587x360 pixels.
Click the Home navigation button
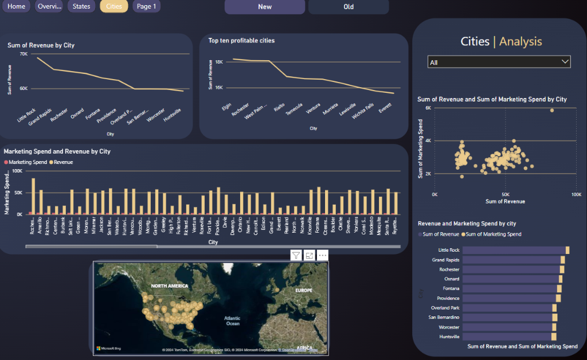[x=17, y=6]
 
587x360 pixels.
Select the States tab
[x=81, y=6]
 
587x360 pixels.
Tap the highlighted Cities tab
[x=114, y=6]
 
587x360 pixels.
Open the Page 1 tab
[x=146, y=6]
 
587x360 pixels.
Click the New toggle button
[x=265, y=7]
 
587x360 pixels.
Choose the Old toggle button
[x=349, y=7]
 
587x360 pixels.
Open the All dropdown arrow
[x=565, y=62]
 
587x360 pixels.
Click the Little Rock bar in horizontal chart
[x=514, y=251]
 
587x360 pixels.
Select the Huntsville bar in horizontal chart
[x=507, y=336]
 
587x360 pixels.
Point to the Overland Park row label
[x=445, y=308]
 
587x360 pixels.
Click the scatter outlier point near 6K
[x=552, y=110]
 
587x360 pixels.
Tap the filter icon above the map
[x=296, y=256]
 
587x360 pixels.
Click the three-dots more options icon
[x=322, y=256]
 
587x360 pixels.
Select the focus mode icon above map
[x=309, y=256]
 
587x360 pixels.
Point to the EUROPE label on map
[x=303, y=291]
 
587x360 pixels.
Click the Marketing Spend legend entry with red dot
[x=26, y=162]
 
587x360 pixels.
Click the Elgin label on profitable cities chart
[x=226, y=108]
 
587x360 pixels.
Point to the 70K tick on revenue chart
[x=24, y=54]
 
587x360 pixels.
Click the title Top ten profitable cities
[x=241, y=41]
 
